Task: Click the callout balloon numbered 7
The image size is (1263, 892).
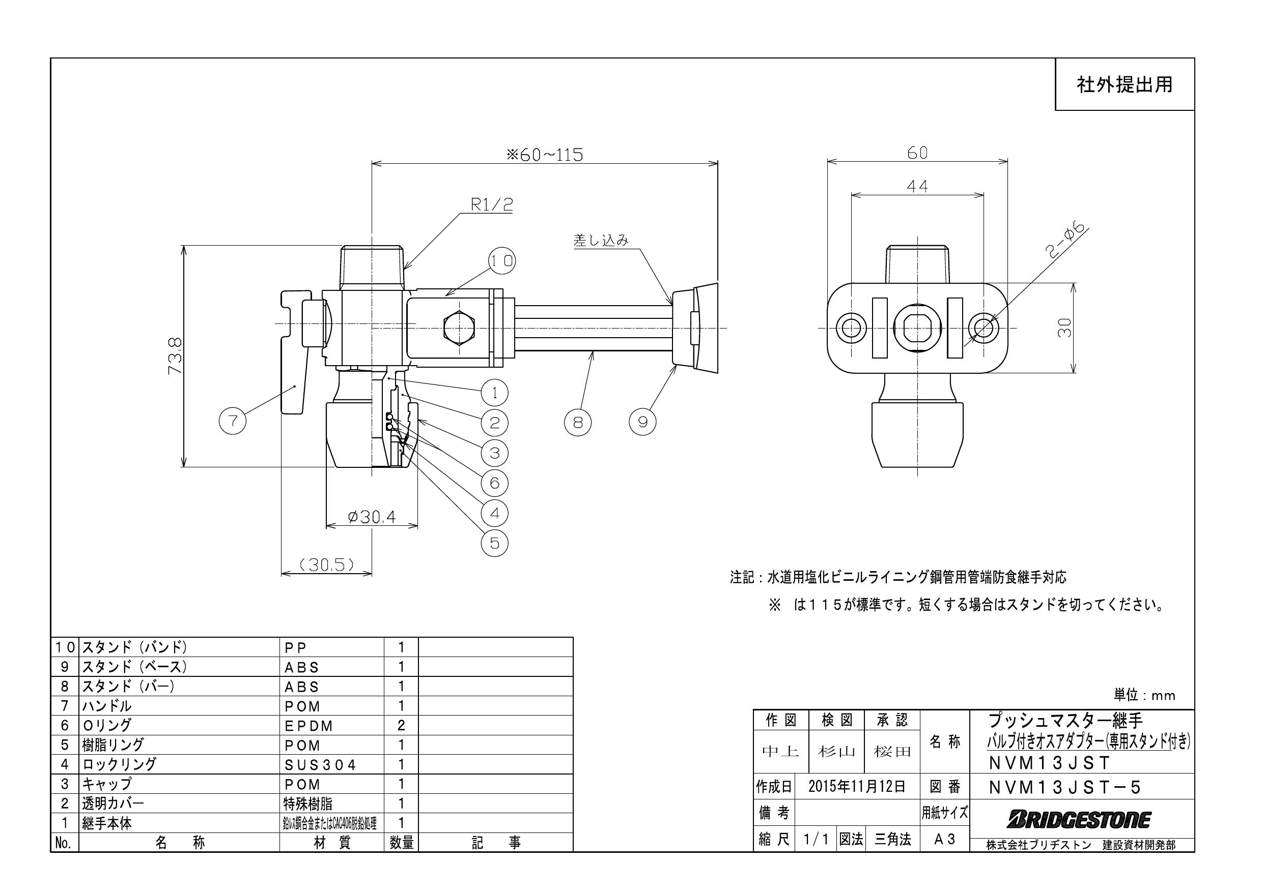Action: coord(233,422)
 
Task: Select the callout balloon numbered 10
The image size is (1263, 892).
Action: coord(501,260)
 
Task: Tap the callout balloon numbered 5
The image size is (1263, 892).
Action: coord(494,543)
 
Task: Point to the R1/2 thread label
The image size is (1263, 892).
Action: coord(491,204)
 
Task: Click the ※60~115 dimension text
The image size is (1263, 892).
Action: coord(545,155)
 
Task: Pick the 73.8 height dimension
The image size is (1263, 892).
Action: coord(175,356)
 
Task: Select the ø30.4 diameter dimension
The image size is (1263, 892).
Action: coord(372,517)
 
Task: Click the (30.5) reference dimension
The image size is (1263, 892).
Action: coord(327,564)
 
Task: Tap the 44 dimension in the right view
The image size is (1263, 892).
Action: coord(917,186)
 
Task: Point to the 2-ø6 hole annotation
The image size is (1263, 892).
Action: coord(1065,241)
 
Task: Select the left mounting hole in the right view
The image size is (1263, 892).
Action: coord(851,328)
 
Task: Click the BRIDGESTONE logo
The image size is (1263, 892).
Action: coord(1079,819)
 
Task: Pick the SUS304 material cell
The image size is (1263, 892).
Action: coord(320,764)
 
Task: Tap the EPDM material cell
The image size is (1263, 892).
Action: coord(308,726)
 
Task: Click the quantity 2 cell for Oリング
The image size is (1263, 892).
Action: coord(401,726)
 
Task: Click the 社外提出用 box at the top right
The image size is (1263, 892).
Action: coord(1124,84)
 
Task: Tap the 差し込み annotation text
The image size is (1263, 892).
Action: coord(601,240)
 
